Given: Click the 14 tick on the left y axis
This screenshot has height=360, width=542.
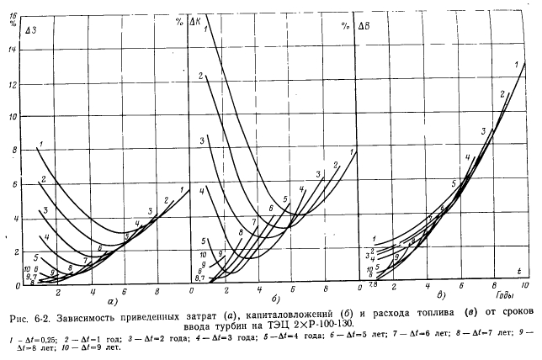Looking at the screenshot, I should [11, 50].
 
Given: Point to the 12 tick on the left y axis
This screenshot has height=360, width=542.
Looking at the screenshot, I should [11, 84].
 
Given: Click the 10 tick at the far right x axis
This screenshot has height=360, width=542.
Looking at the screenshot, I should [524, 288].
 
